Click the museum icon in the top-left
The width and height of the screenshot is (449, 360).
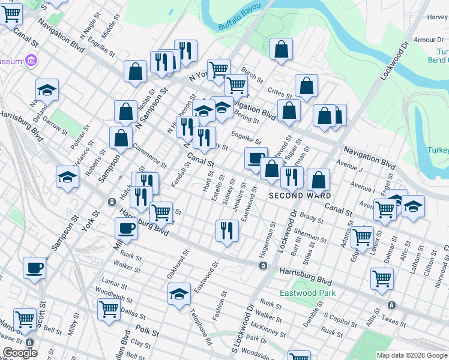tap(32, 61)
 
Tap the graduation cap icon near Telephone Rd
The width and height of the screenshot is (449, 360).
tap(179, 294)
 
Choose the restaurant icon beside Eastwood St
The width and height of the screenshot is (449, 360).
tap(226, 230)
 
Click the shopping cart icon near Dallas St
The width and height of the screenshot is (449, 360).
tap(109, 309)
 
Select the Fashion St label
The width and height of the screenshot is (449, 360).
tap(218, 305)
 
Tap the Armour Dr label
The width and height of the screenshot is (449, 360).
tap(428, 40)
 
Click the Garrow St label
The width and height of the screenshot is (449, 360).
tap(55, 127)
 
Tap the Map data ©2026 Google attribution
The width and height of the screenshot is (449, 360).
tap(411, 355)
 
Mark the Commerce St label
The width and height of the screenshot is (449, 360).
tap(149, 154)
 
